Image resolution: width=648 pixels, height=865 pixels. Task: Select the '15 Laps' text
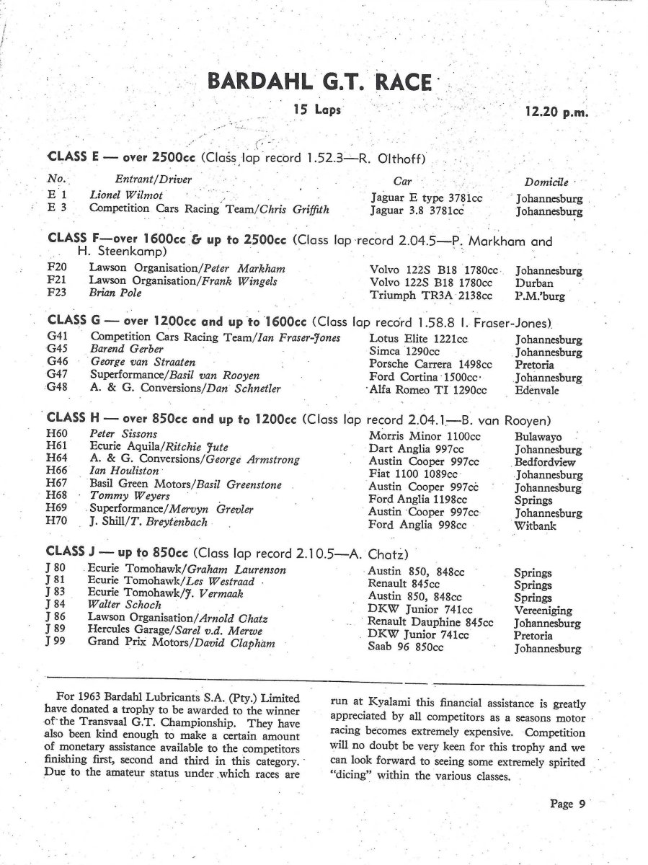coord(317,110)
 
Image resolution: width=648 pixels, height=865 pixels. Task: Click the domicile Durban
coord(535,283)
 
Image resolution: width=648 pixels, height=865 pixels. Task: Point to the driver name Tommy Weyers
coord(120,496)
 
